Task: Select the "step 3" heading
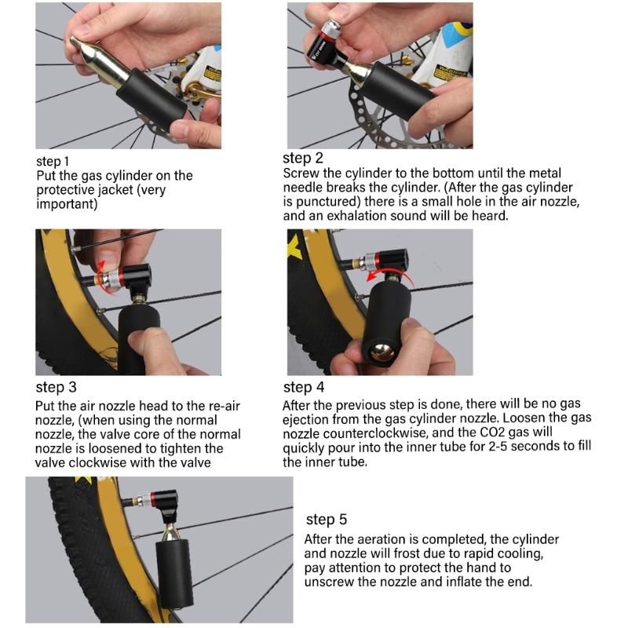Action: tap(56, 388)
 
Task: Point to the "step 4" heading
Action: tap(303, 387)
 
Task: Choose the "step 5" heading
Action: tap(326, 519)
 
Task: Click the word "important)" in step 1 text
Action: tap(68, 204)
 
